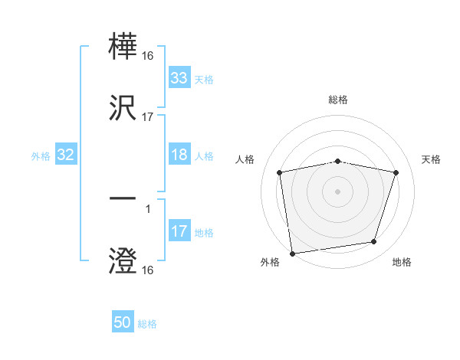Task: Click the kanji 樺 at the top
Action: tap(123, 45)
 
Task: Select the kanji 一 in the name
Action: tap(123, 199)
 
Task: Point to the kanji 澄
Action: tap(123, 260)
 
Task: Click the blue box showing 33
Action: tap(179, 78)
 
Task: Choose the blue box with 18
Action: tap(179, 155)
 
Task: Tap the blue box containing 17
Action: tap(179, 231)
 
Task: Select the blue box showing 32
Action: tap(66, 155)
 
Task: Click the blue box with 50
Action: tap(123, 322)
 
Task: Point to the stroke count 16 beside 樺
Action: tap(148, 56)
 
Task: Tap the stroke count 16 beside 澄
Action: tap(148, 270)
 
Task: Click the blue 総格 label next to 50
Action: tap(147, 324)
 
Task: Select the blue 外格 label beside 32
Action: tap(41, 155)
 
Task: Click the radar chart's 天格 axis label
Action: tap(432, 159)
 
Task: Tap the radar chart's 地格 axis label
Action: tap(402, 262)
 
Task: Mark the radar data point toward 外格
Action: tap(292, 252)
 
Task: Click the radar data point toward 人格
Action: tap(280, 172)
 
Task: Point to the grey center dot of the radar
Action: tap(338, 191)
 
